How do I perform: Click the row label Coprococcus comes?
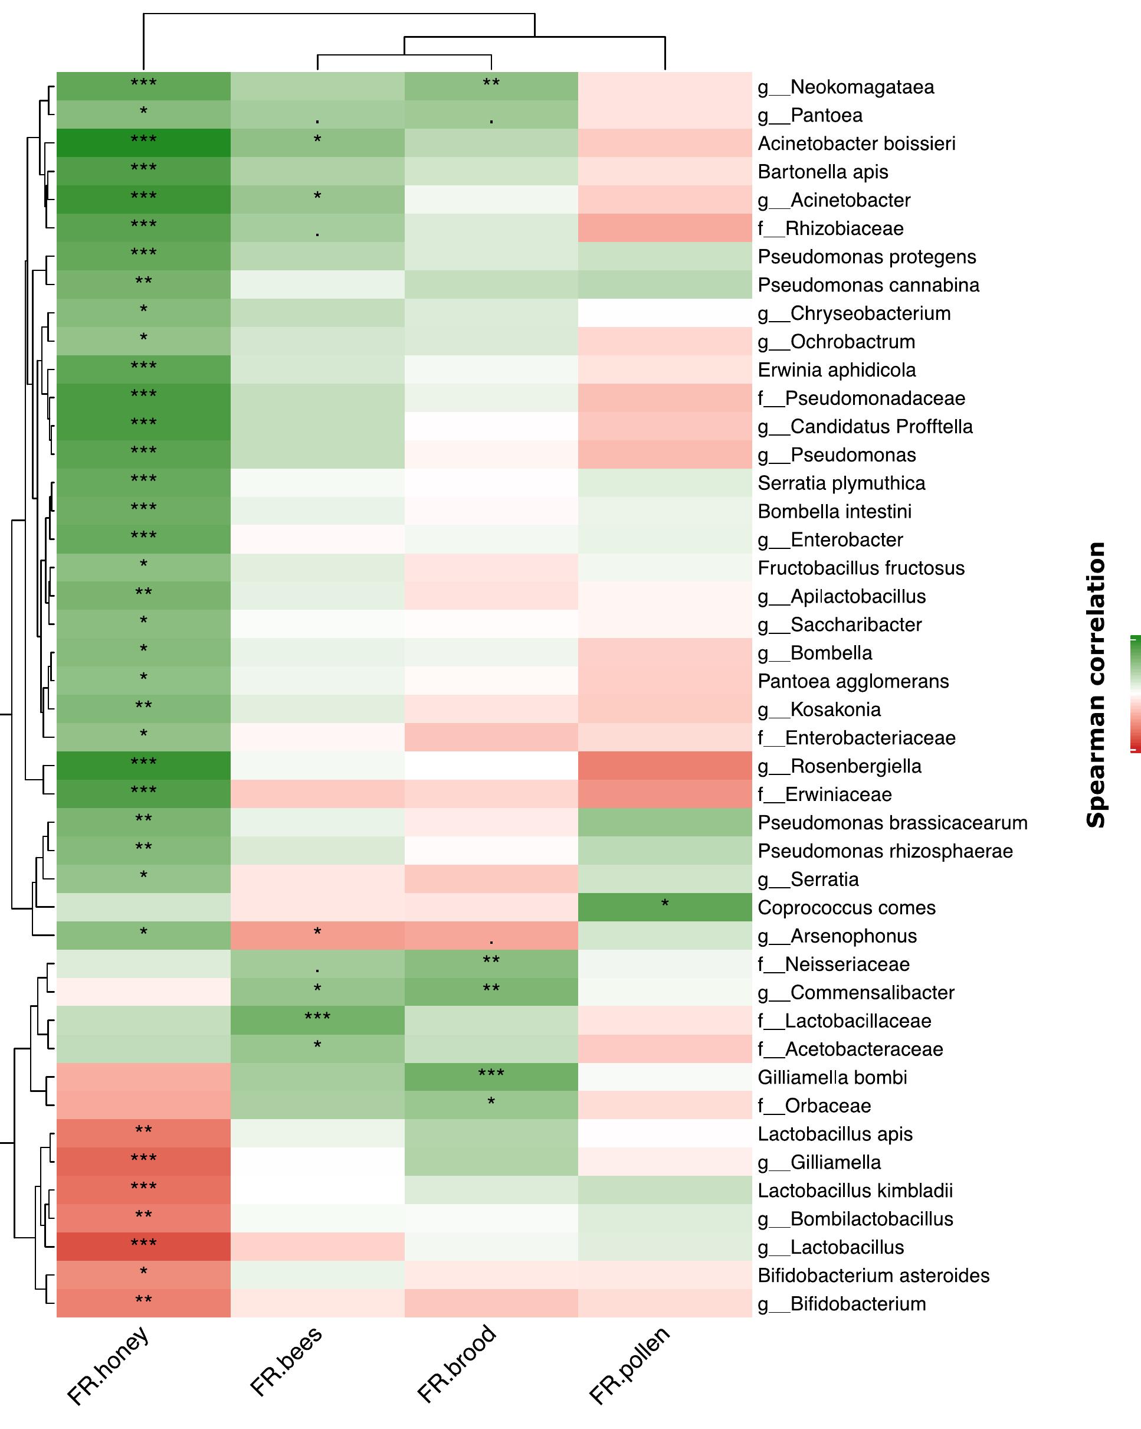(846, 907)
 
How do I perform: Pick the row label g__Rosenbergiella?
(839, 766)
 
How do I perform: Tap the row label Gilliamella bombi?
(832, 1077)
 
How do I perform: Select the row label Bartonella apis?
(822, 172)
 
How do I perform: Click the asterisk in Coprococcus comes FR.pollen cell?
(664, 904)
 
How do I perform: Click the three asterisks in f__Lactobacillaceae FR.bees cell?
(317, 1018)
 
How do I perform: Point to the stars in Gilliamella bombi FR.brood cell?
(491, 1074)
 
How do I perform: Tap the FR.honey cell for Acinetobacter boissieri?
(143, 143)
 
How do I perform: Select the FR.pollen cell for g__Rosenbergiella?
(664, 766)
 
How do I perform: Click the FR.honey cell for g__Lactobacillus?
(143, 1247)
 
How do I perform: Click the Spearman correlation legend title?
(1096, 685)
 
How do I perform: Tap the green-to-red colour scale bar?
(1135, 694)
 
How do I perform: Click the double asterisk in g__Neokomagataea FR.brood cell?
(491, 83)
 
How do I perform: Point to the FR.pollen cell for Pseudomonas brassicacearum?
(664, 823)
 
